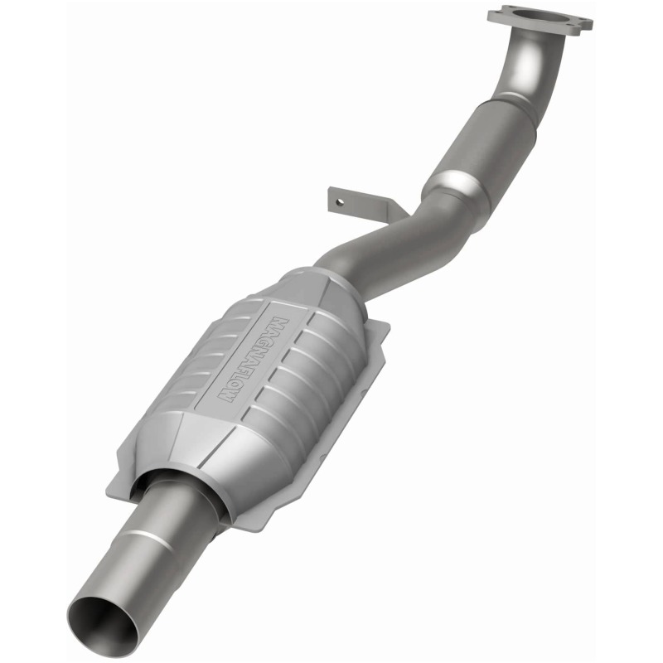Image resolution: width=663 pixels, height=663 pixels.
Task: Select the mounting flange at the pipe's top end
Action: point(540,18)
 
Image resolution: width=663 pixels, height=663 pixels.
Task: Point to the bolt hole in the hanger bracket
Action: point(338,199)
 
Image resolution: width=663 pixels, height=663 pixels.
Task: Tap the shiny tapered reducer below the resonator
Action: point(452,187)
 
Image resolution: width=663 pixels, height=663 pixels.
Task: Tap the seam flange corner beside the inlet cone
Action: point(380,328)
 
